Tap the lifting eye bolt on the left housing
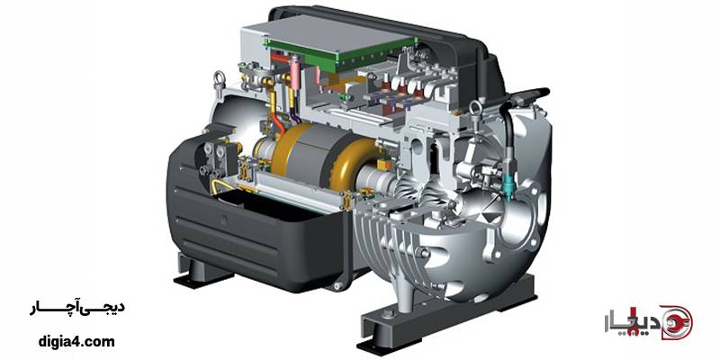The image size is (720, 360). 220,82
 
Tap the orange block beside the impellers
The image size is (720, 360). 382,165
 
